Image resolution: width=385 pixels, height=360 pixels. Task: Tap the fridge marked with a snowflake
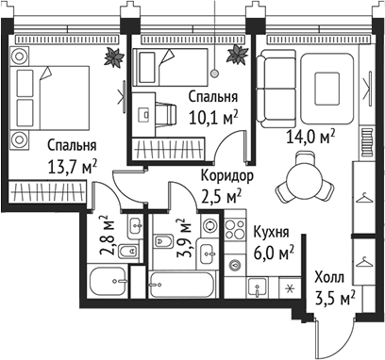click(288, 288)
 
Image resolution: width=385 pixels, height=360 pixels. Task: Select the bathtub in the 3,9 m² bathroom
click(183, 283)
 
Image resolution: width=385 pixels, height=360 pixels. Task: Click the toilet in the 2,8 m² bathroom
click(134, 227)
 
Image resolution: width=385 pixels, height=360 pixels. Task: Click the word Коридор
click(226, 175)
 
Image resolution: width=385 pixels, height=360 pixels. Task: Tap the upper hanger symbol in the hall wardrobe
click(364, 199)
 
